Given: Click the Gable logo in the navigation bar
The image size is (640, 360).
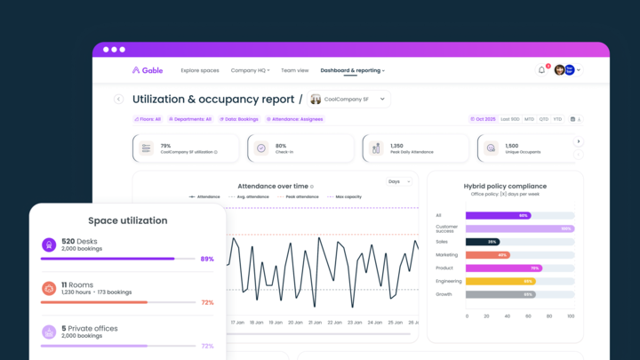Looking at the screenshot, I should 147,70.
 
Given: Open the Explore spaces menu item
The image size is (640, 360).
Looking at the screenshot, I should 199,70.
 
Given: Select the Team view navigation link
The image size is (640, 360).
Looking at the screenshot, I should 294,70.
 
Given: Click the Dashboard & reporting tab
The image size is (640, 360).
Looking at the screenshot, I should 351,70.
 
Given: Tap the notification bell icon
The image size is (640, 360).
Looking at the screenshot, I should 541,70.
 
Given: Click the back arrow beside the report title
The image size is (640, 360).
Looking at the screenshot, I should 118,100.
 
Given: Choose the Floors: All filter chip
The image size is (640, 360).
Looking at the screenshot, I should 148,119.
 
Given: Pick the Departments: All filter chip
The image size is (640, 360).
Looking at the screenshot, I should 188,119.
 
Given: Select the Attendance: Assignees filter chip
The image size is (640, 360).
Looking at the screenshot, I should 297,119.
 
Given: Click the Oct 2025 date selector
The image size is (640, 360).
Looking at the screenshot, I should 483,119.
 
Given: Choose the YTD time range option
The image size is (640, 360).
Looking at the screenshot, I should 557,119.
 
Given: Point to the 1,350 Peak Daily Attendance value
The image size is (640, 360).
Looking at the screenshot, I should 397,146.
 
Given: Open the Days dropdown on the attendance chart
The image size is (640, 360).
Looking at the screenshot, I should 399,181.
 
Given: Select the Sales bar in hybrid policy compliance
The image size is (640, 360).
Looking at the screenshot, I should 483,242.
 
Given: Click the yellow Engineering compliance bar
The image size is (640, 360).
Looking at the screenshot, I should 500,281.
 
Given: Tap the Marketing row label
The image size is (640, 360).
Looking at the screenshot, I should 446,255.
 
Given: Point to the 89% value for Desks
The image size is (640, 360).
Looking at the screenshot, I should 207,259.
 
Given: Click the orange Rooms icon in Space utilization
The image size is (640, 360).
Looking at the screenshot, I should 49,288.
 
